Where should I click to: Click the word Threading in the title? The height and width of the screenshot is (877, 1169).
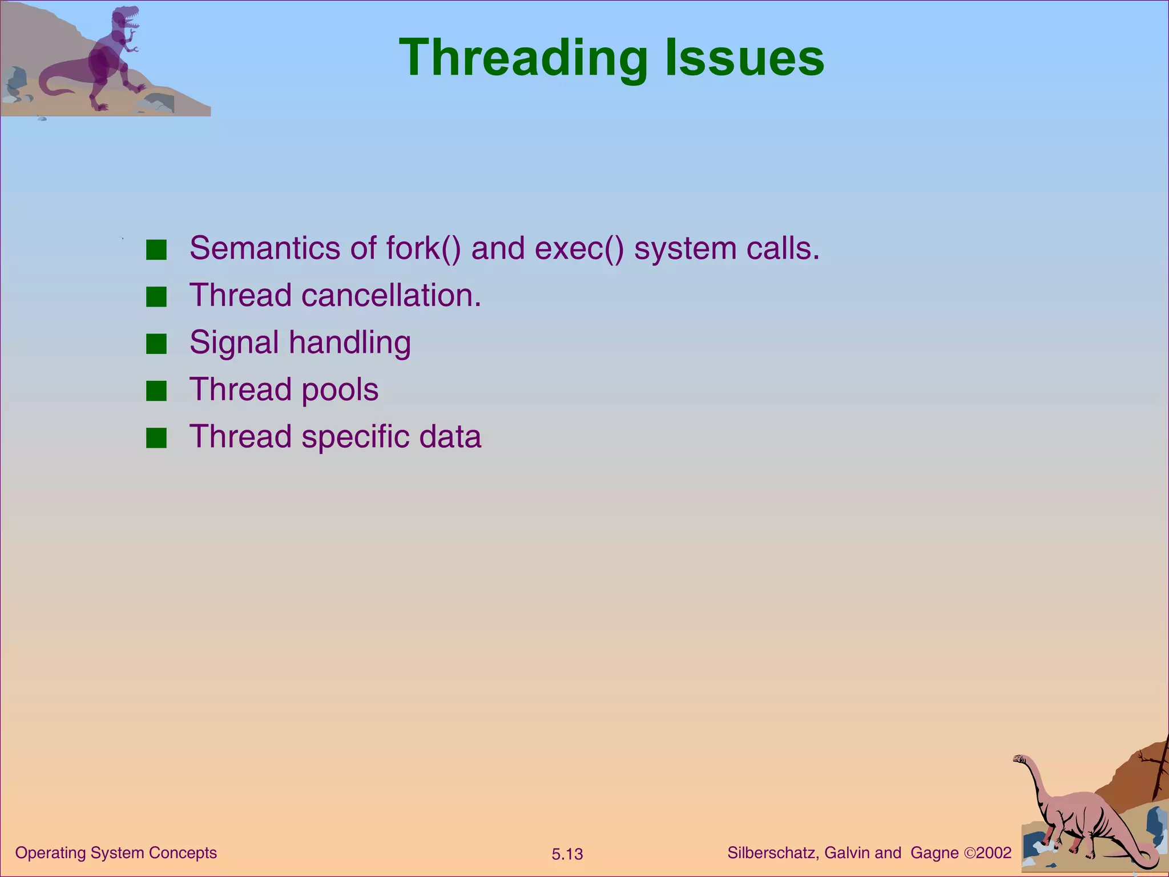(x=523, y=58)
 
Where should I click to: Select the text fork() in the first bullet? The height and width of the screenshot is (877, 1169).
(x=422, y=248)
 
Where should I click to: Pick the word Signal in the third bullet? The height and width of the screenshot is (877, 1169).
(x=234, y=343)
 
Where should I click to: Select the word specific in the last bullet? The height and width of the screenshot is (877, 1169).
(x=355, y=437)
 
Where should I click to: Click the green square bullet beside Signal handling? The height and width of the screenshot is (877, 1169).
(x=156, y=344)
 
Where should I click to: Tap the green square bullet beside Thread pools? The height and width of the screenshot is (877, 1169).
(x=156, y=392)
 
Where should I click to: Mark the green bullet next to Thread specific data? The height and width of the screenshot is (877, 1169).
(x=156, y=438)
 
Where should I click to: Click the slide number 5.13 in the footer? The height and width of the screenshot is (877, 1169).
(x=567, y=854)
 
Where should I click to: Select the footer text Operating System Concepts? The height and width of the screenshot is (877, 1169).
(x=116, y=853)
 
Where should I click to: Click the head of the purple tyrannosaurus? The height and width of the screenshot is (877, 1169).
(x=126, y=18)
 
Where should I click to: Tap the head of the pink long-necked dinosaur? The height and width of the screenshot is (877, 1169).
(x=1020, y=759)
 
